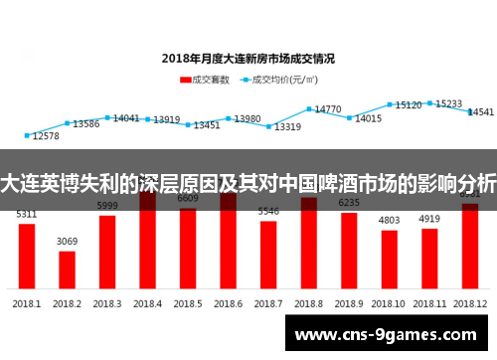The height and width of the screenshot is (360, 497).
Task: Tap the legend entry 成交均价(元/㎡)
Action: [x=284, y=79]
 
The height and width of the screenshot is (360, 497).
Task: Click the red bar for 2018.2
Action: [x=67, y=268]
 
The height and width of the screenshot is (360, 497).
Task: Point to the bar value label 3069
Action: [x=67, y=242]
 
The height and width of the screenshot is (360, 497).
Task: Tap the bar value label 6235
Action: [x=349, y=203]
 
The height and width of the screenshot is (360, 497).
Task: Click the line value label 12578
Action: [x=46, y=136]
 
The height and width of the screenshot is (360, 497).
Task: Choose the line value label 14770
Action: [x=328, y=109]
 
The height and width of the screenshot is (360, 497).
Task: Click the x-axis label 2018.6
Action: [x=228, y=302]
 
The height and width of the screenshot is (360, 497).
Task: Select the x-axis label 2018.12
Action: [x=469, y=302]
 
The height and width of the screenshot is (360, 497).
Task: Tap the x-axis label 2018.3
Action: [x=106, y=302]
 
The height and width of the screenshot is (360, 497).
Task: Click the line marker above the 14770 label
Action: [x=309, y=108]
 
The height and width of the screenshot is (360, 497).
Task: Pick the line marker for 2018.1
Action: [x=27, y=135]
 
